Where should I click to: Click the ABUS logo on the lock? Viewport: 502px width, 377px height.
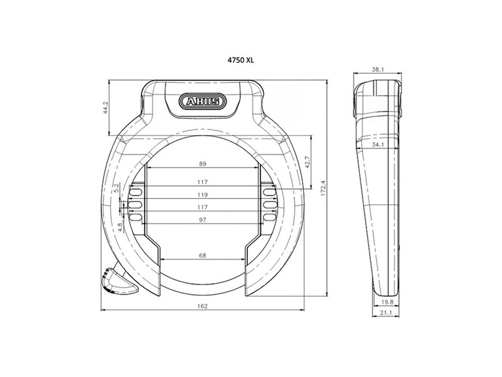[x=201, y=102]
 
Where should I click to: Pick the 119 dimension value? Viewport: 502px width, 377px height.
[x=202, y=195]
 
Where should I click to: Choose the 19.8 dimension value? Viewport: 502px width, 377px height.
[x=387, y=301]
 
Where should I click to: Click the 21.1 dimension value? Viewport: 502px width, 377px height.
[x=387, y=314]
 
